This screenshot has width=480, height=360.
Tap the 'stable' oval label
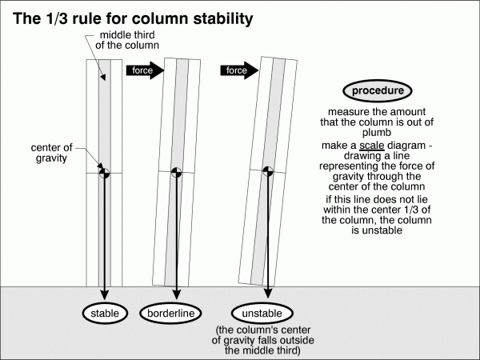point(105,313)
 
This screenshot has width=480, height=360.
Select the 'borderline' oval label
point(172,313)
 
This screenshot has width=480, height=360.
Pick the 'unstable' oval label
point(263,313)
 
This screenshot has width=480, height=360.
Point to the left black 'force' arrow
point(145,70)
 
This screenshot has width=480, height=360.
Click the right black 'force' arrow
point(238,70)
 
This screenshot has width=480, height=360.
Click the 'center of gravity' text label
point(53,153)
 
